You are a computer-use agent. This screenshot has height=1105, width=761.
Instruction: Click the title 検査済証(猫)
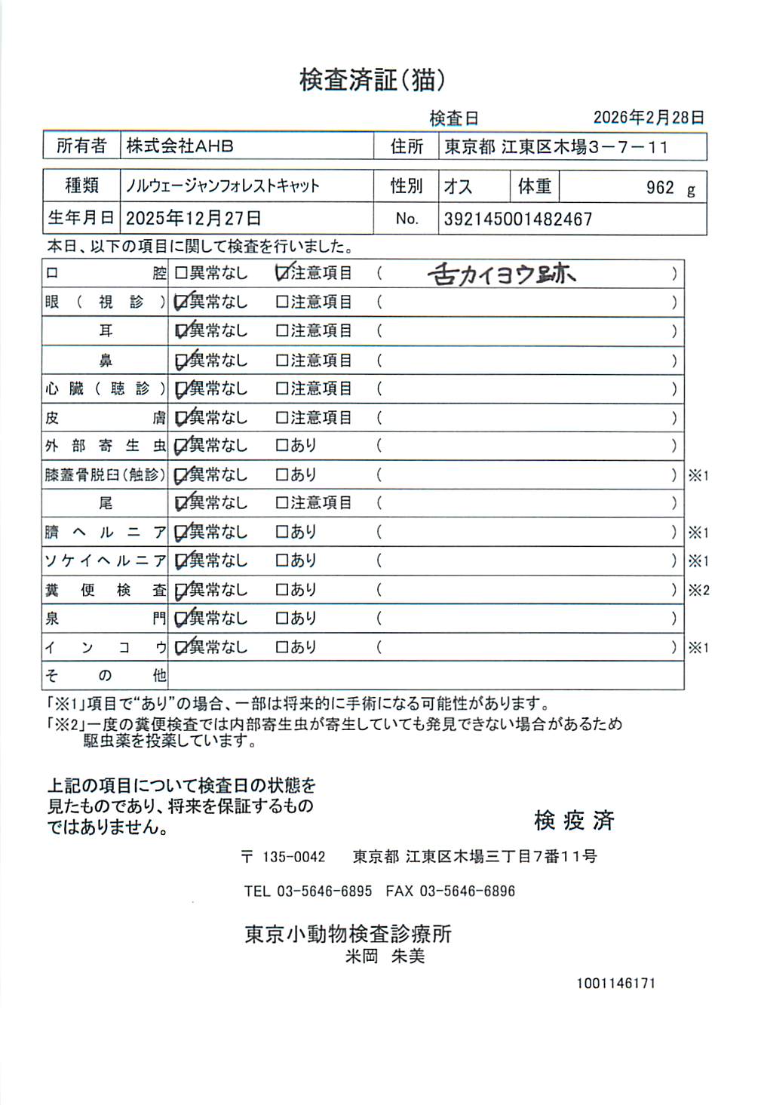point(372,79)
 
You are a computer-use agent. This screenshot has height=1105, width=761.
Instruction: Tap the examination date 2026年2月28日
point(649,117)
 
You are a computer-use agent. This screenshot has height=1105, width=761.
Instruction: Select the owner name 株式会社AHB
point(180,146)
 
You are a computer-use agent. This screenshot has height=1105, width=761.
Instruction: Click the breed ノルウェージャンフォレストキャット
point(222,186)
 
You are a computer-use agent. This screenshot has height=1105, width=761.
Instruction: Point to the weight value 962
point(660,188)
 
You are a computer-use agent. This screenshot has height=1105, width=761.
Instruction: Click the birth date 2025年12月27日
point(193,219)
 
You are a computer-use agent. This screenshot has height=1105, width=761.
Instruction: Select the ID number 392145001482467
point(517,219)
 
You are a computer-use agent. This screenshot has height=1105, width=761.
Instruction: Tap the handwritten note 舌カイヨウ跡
point(501,274)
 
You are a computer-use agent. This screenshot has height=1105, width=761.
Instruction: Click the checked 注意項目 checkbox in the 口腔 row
point(283,273)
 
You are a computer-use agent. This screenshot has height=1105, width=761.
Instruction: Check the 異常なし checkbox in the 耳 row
point(181,331)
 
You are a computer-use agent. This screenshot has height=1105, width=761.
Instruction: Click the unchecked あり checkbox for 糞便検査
point(282,590)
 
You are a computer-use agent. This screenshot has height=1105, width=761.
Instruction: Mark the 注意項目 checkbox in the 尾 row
point(282,503)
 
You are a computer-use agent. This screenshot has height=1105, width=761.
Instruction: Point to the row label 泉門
point(105,618)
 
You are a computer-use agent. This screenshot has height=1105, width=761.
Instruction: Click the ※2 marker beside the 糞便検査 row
point(698,591)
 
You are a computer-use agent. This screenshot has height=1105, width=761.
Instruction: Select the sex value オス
point(458,186)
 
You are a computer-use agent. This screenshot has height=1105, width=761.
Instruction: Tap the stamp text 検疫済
point(574,820)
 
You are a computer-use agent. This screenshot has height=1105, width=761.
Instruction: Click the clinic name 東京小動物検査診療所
point(348,934)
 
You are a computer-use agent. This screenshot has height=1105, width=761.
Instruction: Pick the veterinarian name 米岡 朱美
point(385,956)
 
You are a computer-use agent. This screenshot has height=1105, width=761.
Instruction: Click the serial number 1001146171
point(615,984)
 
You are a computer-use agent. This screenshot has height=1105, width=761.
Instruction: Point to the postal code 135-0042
point(293,857)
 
